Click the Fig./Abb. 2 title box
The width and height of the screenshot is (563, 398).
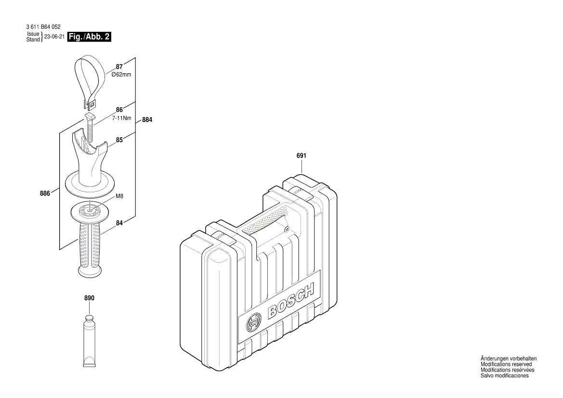pos(90,37)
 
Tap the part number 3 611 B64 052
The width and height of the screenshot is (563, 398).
pos(43,27)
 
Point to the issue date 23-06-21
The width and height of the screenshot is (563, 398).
pos(54,37)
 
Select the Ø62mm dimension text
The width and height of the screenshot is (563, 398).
pos(121,75)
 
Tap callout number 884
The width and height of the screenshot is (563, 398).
pos(147,120)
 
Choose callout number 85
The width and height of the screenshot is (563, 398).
pos(119,141)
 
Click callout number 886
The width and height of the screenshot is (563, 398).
pos(45,194)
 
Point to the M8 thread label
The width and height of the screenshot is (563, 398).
pos(119,196)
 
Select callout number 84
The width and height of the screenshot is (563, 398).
pos(119,223)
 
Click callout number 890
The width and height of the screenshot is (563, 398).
pos(89,298)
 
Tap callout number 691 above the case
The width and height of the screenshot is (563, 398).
pos(301,156)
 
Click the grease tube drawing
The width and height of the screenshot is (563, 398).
pos(89,341)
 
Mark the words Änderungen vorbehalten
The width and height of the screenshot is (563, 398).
pos(508,358)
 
